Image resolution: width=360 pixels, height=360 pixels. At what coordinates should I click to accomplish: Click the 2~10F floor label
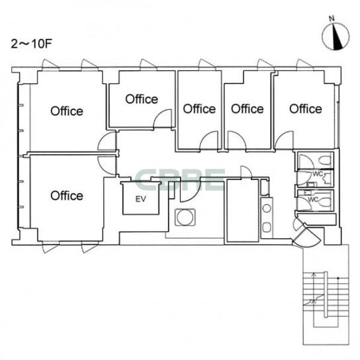click(x=32, y=44)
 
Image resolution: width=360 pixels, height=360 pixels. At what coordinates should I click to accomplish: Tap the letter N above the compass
click(x=332, y=19)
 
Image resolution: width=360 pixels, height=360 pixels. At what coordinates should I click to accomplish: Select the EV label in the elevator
click(x=141, y=199)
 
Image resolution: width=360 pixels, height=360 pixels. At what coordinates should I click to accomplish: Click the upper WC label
click(x=318, y=173)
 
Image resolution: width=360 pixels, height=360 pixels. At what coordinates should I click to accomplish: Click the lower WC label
click(x=313, y=199)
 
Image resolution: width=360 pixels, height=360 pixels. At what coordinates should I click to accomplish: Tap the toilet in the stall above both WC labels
click(x=326, y=160)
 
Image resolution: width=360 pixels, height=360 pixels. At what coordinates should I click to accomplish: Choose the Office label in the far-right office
click(x=306, y=109)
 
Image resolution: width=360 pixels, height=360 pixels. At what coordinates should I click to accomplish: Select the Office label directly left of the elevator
click(x=67, y=196)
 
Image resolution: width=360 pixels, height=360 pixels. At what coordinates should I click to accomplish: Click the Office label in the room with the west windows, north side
click(x=67, y=111)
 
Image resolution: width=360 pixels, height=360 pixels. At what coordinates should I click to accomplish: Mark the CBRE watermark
click(x=180, y=180)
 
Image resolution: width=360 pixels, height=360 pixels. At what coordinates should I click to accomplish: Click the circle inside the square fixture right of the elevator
click(x=185, y=218)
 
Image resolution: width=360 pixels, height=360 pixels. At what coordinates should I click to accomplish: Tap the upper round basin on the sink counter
click(x=267, y=208)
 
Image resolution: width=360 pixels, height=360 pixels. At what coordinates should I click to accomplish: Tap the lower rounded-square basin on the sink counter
click(x=267, y=227)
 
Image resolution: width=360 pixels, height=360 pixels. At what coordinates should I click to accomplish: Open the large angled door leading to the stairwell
click(x=306, y=236)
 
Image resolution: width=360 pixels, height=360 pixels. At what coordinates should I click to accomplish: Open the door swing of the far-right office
click(x=284, y=140)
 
